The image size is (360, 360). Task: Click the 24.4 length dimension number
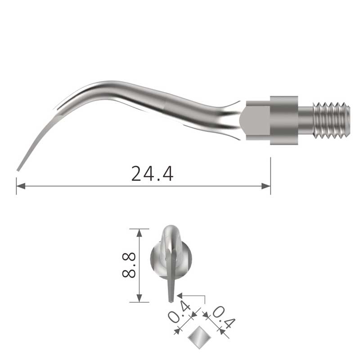pos(152,174)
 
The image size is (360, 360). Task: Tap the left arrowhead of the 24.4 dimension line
pos(21,186)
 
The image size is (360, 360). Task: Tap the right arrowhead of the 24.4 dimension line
pos(266,186)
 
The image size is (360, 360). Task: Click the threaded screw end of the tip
pos(332,121)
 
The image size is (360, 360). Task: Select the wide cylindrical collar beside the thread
pos(284,120)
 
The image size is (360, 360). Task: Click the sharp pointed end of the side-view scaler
pos(18,170)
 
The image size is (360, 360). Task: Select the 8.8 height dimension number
pos(129,265)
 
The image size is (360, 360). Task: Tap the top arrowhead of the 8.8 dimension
pos(139,233)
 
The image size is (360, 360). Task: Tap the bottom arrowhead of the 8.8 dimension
pos(139,298)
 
